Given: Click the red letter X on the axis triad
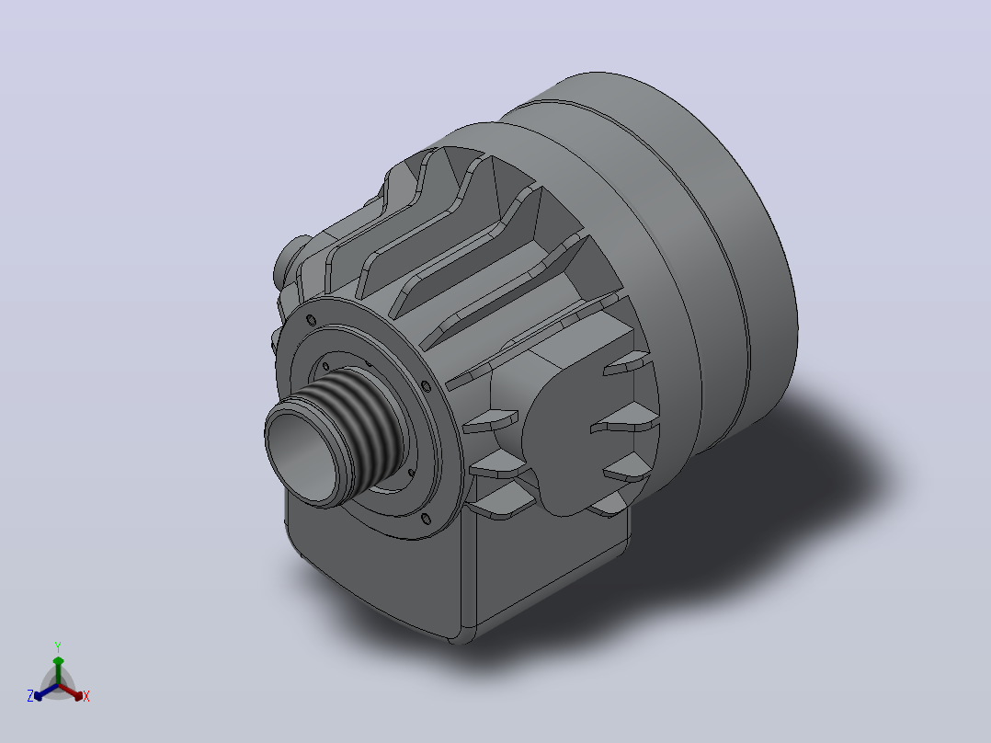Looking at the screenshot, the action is (86, 696).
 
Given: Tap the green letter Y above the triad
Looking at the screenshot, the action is (58, 646).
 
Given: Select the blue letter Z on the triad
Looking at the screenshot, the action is (29, 695).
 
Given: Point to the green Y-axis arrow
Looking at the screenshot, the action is (58, 670).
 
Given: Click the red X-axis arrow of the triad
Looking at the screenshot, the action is (71, 692).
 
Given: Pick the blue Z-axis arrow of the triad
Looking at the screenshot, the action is (46, 692).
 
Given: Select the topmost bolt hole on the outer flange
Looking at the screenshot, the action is (311, 319).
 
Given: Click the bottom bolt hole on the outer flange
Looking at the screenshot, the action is (426, 520).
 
